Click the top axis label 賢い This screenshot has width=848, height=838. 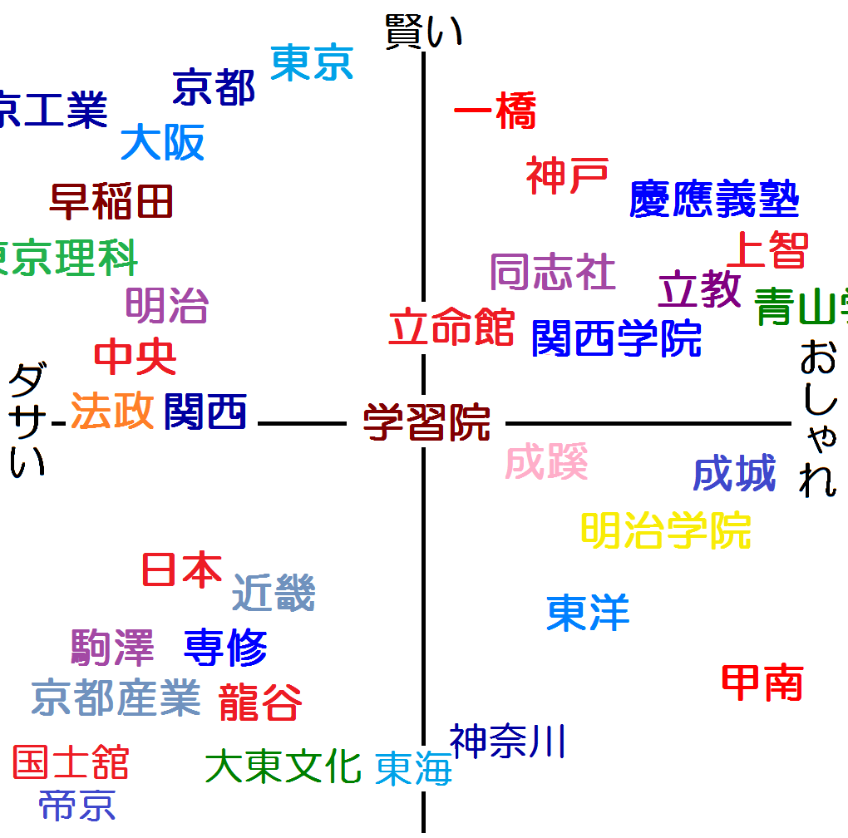[423, 33]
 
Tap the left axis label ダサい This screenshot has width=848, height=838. [27, 422]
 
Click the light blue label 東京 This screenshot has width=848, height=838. [313, 62]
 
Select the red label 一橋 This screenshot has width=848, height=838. [495, 112]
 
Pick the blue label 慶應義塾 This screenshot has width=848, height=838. [714, 200]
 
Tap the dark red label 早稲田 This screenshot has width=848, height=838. [111, 202]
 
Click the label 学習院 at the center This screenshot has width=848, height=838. [426, 422]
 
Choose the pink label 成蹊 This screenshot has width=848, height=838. [547, 462]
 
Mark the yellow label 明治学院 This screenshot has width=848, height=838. [665, 530]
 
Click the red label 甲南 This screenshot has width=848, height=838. [762, 683]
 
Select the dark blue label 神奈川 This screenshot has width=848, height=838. [508, 741]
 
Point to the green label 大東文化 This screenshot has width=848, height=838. [283, 767]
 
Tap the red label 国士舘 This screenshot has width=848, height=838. [71, 762]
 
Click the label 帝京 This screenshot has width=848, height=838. [76, 805]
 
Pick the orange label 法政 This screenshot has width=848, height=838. [113, 411]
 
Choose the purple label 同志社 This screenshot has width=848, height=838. [553, 273]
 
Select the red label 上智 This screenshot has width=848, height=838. [767, 249]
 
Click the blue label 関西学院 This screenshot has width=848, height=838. [617, 338]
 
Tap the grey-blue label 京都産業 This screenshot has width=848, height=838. [116, 698]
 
